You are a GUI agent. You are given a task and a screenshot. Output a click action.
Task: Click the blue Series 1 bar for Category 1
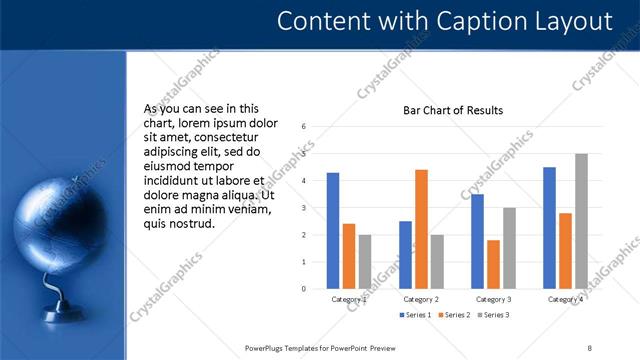click(333, 231)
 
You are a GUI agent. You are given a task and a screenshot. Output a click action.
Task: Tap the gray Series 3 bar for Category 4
click(581, 221)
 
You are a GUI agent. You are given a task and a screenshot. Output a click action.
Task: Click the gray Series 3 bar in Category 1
click(364, 262)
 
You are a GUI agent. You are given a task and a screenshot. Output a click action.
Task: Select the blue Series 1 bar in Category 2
click(405, 255)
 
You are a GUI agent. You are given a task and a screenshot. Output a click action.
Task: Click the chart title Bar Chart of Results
click(452, 110)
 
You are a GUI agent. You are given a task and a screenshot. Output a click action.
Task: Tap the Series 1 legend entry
click(416, 315)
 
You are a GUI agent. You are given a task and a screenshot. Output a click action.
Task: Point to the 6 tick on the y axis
click(303, 127)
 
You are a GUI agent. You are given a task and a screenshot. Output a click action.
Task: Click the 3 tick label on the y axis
click(303, 208)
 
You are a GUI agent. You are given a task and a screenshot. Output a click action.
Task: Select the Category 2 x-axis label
click(421, 299)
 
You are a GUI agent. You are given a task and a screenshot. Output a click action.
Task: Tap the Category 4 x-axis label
click(565, 299)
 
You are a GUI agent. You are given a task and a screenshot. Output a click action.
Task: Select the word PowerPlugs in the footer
click(268, 347)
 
